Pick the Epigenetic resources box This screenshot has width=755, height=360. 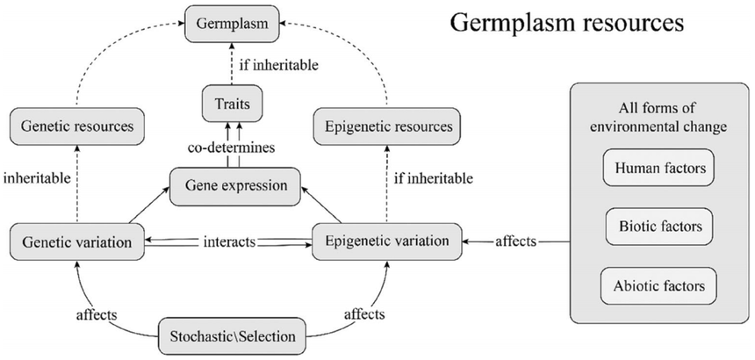385,127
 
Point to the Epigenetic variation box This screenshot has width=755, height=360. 386,240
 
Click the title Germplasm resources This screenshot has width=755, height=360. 566,25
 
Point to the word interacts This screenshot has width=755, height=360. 230,241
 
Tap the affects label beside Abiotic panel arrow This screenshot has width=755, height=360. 516,241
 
